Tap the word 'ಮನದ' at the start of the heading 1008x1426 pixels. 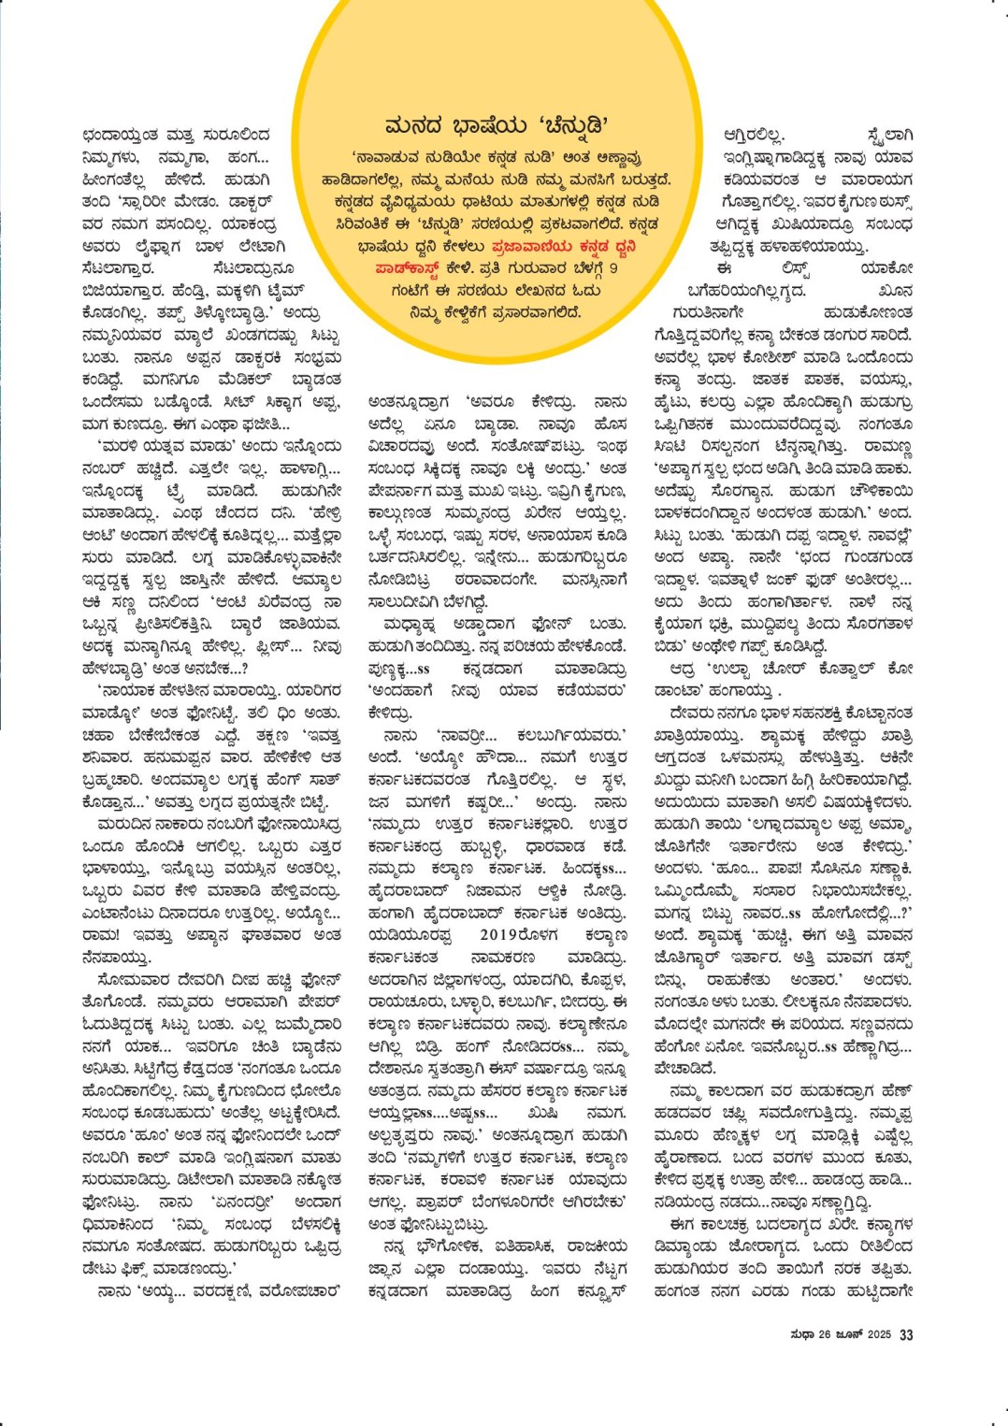(x=414, y=125)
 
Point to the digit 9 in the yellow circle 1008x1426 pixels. (x=613, y=268)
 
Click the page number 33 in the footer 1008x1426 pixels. (x=906, y=1334)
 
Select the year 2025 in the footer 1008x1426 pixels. (x=879, y=1334)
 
